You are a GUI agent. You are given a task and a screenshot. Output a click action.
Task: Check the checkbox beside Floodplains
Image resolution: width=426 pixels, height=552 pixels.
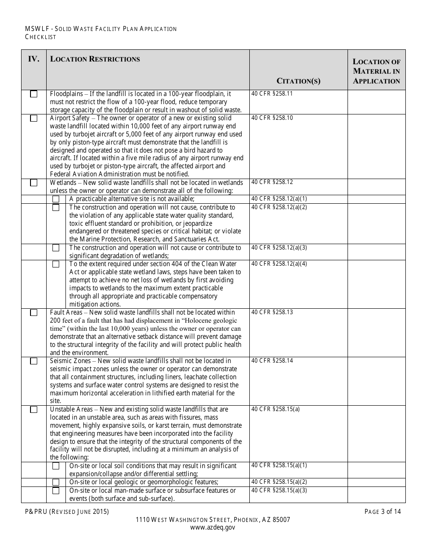point(34,94)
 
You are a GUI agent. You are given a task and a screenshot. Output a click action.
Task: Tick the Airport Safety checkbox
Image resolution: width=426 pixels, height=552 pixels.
point(34,118)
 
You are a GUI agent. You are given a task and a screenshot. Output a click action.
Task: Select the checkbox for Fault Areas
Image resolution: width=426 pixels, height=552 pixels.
point(34,313)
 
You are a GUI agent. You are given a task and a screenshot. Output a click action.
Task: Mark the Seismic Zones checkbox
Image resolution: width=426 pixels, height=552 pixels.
point(34,361)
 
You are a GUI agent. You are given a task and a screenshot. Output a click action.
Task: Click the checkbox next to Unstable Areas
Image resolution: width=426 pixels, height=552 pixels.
point(34,410)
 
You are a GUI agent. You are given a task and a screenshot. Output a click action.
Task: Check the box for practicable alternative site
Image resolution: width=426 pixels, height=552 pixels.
point(56,199)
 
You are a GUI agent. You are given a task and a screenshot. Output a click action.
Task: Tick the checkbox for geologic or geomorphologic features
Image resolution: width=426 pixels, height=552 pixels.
point(56,482)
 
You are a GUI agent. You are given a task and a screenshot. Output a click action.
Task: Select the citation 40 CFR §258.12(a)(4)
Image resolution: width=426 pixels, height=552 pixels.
point(279,263)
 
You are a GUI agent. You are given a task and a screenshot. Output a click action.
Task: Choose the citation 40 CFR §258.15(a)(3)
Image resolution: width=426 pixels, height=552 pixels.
point(279,490)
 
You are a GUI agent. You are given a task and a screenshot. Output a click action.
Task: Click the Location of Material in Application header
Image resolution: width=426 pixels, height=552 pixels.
point(376,71)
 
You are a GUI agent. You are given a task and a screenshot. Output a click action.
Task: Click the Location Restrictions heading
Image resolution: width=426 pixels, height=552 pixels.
point(95,59)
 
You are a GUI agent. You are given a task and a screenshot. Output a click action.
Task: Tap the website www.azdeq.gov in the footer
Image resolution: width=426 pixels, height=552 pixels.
point(213,528)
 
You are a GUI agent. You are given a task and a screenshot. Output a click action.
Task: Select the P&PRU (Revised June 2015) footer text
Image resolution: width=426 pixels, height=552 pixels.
point(67,511)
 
